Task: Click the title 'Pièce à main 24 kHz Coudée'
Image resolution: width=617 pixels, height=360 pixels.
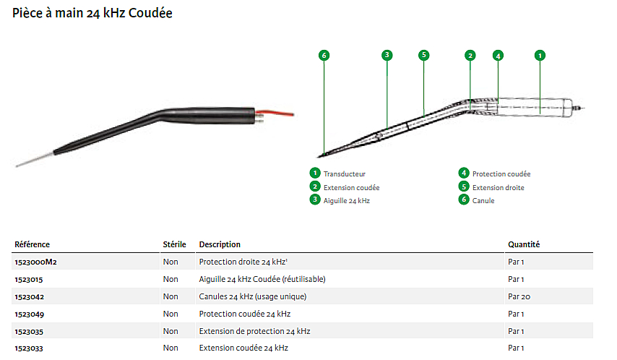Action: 92,14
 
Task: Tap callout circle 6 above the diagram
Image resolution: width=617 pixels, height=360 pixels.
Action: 324,55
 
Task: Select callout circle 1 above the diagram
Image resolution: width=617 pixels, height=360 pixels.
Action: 540,55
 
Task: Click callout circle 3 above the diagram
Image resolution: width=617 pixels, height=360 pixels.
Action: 387,55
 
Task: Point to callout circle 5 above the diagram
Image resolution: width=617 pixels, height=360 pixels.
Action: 423,55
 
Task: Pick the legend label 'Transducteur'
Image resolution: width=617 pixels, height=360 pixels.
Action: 345,173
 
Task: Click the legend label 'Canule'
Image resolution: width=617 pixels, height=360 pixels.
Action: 483,200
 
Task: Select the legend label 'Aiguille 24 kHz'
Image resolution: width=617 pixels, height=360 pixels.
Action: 347,200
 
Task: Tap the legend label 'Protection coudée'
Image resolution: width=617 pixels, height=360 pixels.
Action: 501,173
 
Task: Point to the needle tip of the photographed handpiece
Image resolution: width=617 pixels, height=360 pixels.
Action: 18,166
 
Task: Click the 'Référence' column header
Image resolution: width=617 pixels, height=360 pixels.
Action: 33,244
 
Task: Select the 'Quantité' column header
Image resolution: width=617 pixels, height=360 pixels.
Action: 524,244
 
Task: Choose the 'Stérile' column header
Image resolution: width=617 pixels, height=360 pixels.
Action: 174,244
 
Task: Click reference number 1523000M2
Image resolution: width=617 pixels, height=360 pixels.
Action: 35,262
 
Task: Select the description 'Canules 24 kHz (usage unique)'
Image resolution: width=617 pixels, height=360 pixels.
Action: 253,296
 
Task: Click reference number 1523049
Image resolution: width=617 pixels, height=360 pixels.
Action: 29,314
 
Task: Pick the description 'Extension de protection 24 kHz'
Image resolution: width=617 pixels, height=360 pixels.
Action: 254,331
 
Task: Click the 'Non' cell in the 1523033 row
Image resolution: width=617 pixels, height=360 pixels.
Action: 171,348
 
